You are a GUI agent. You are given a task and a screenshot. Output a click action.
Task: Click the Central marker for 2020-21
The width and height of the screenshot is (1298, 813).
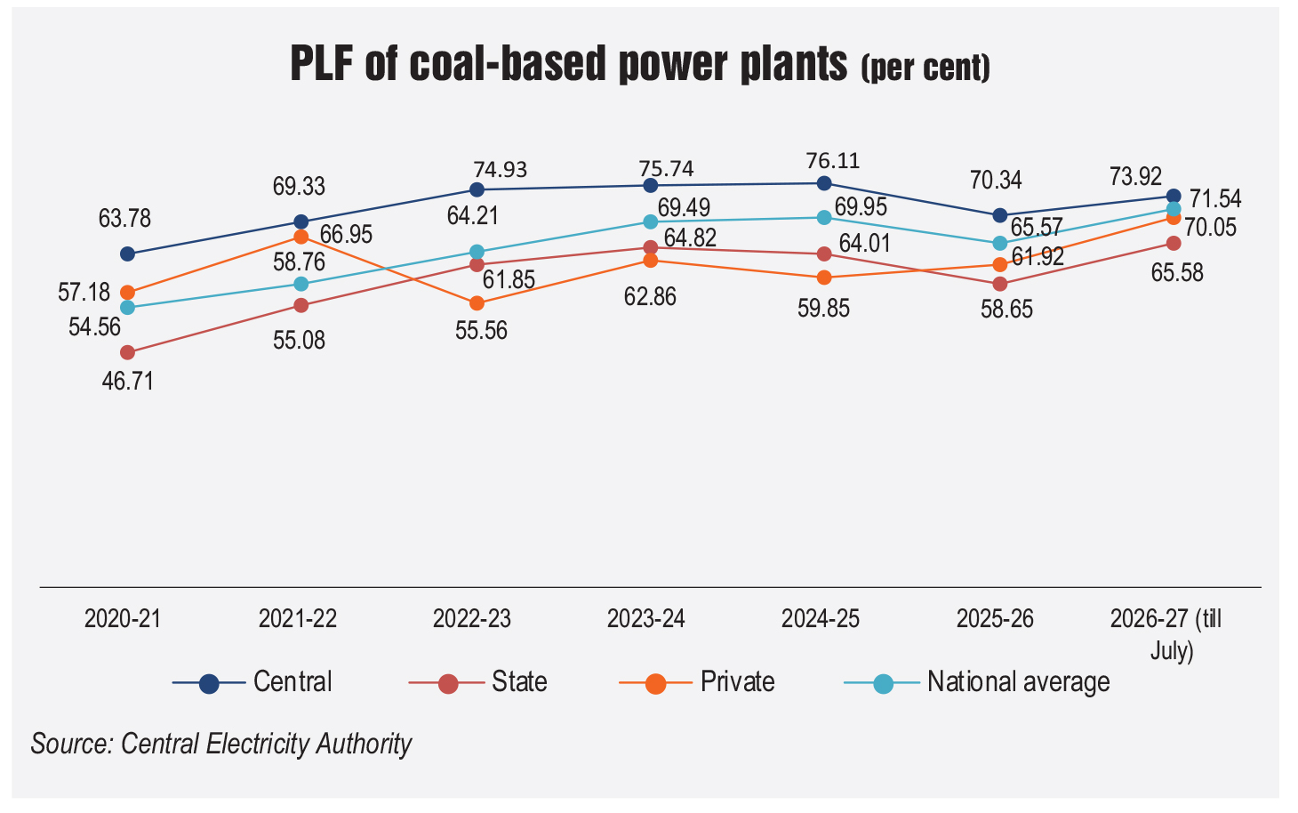[127, 254]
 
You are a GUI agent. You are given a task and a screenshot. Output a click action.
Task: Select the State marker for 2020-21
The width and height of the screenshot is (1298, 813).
[127, 352]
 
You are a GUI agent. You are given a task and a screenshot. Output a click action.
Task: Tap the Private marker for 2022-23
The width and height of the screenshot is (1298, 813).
[477, 302]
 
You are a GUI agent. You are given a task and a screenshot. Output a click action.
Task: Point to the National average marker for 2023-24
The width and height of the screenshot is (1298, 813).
[651, 221]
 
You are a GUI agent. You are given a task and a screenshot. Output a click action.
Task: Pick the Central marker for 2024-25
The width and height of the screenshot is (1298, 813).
[824, 183]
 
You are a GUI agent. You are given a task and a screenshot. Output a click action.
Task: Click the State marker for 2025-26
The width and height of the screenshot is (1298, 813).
[999, 284]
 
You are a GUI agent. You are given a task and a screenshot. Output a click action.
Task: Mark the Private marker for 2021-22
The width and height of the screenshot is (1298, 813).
[301, 237]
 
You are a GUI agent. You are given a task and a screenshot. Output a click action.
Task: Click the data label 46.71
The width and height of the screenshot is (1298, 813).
[127, 382]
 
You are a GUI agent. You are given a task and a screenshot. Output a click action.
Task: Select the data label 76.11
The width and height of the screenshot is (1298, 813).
[833, 160]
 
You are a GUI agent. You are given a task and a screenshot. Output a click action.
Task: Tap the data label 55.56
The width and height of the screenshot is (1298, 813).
[481, 331]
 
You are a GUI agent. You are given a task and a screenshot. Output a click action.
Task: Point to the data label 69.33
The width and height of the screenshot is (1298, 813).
[299, 187]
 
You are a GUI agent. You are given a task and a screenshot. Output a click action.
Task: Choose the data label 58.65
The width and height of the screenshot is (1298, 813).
[1006, 309]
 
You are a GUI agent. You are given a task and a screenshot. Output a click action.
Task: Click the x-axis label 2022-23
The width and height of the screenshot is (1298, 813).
[472, 619]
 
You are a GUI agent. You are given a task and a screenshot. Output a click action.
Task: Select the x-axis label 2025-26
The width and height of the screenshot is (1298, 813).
[995, 619]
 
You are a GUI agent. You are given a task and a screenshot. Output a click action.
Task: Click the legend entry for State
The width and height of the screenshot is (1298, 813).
[478, 682]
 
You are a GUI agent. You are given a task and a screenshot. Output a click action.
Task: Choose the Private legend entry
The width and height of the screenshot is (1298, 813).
[697, 682]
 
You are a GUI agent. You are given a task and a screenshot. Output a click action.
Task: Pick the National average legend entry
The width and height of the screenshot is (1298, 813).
[977, 682]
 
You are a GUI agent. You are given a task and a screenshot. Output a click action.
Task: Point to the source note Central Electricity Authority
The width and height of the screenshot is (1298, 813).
[266, 744]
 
